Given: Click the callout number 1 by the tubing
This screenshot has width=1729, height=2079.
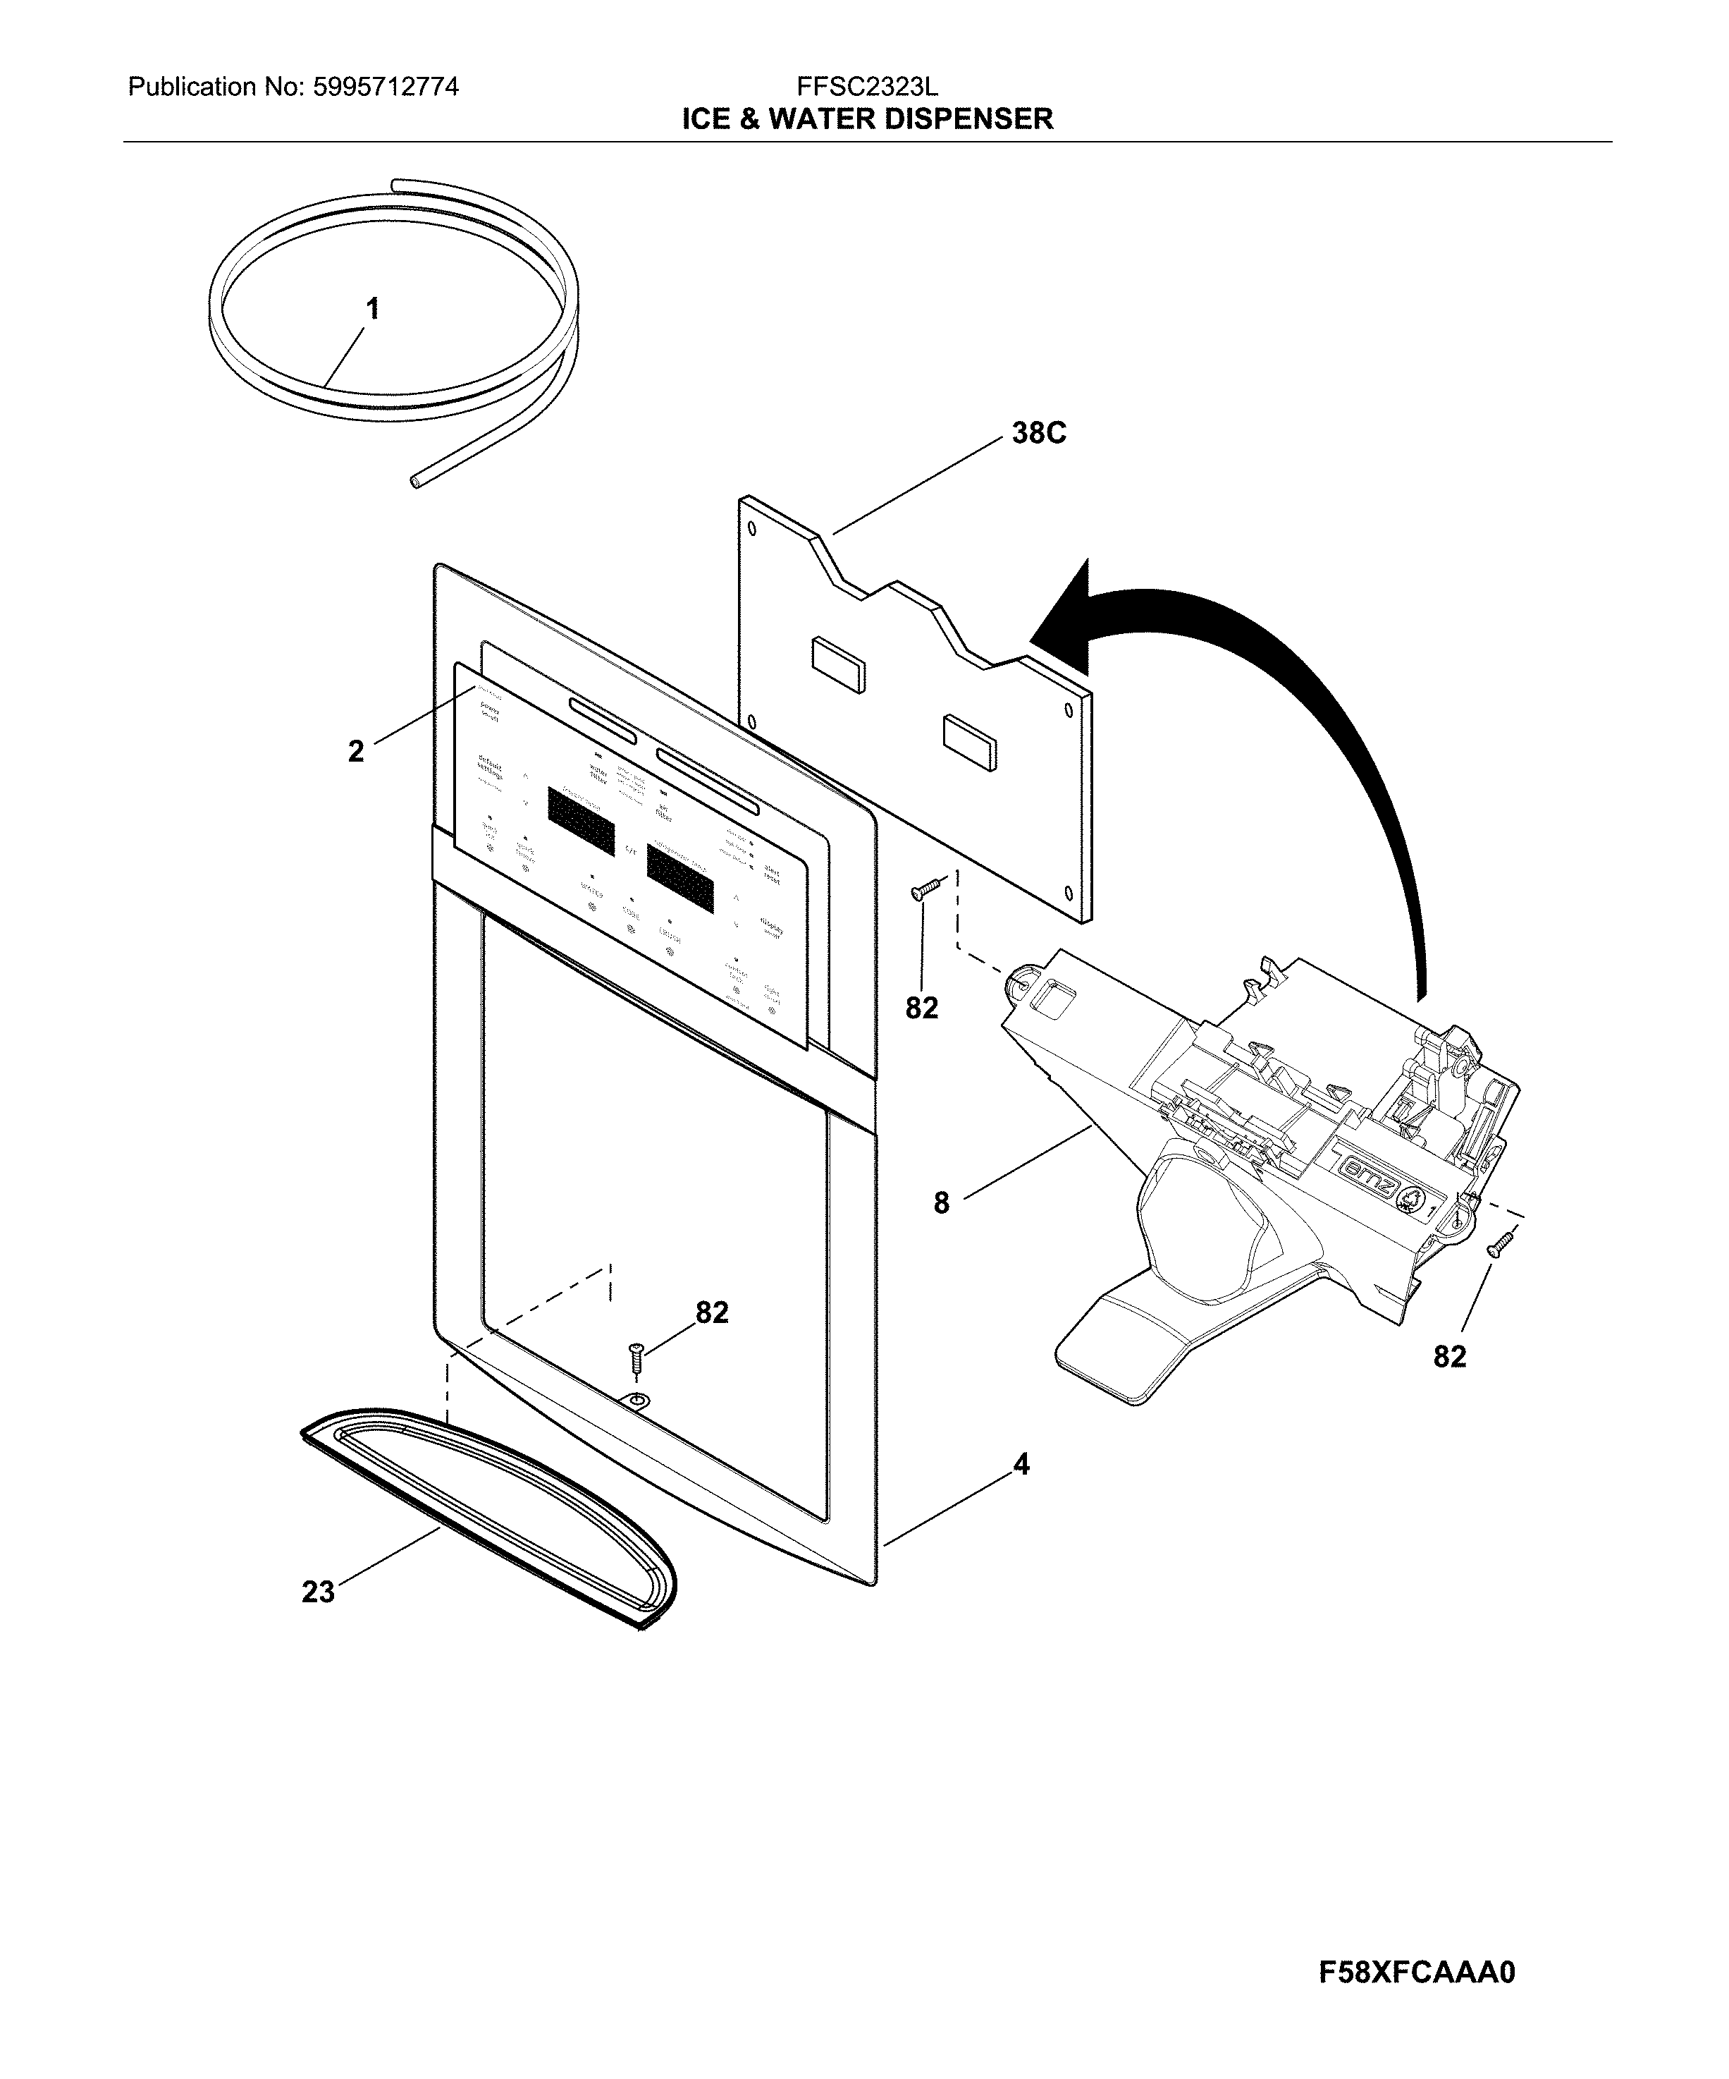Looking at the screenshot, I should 372,310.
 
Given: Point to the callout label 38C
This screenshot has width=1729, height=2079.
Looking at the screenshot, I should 1038,434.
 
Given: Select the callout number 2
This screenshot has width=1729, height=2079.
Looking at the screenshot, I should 356,751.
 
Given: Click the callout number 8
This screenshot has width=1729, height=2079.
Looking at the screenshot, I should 941,1203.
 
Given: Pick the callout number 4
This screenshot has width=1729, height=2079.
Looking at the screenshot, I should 1021,1492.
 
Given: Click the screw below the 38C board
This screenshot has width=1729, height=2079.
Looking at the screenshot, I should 923,891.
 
